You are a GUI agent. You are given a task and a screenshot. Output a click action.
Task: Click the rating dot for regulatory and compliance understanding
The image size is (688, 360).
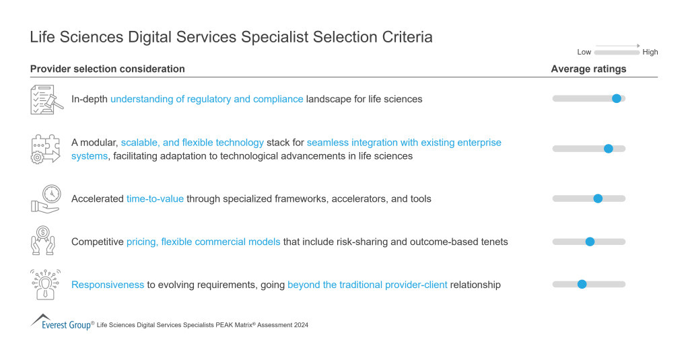(x=616, y=99)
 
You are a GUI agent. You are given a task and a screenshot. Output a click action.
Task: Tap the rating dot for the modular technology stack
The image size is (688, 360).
(x=608, y=149)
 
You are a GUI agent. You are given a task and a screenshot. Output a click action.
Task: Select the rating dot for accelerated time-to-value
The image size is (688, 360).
(x=598, y=199)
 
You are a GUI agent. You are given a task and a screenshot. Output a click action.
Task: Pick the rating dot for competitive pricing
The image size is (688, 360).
(x=590, y=242)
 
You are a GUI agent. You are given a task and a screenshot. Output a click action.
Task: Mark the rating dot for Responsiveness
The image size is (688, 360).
(x=582, y=284)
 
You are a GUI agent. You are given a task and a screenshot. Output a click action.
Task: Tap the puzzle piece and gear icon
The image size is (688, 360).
(x=45, y=149)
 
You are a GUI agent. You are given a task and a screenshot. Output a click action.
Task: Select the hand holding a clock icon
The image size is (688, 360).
(x=45, y=199)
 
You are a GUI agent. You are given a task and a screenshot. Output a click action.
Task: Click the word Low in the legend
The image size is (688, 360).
(x=584, y=52)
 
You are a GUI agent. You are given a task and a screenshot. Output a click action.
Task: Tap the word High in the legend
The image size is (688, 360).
(x=650, y=52)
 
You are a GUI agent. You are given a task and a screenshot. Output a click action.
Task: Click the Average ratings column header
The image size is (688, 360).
(x=588, y=69)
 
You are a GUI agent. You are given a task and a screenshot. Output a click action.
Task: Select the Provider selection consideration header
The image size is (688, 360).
(x=108, y=69)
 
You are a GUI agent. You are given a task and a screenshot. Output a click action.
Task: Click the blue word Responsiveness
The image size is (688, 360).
(x=108, y=285)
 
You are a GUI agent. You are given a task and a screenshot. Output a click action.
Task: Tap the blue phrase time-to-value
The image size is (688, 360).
(x=155, y=199)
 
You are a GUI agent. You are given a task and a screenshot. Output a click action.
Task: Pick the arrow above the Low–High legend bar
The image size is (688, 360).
(x=617, y=46)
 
